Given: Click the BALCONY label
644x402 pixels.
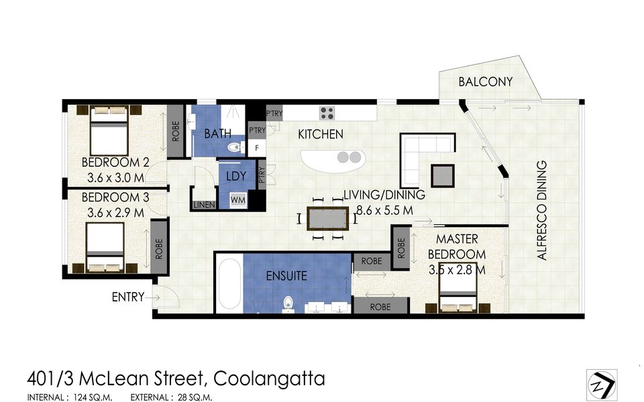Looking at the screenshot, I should [x=485, y=82].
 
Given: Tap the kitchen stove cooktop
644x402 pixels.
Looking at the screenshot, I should [x=327, y=113].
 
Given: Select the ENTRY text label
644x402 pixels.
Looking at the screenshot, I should [x=127, y=297].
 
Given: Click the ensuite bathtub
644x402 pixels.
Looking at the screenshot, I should [x=229, y=285].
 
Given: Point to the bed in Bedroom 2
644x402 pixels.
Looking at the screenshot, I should [x=109, y=131].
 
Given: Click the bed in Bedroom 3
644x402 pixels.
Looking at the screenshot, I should [x=105, y=247].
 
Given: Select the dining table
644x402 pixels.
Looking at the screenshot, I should [x=327, y=218].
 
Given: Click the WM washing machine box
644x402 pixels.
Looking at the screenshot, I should [x=237, y=200].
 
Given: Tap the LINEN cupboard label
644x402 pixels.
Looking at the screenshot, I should [x=203, y=205].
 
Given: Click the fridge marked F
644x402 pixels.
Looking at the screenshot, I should [x=256, y=147].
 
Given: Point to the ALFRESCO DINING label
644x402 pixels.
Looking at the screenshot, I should [x=542, y=210].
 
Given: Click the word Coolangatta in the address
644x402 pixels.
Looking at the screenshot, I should [x=269, y=379].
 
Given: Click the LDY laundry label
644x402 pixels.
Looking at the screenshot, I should [x=237, y=177].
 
